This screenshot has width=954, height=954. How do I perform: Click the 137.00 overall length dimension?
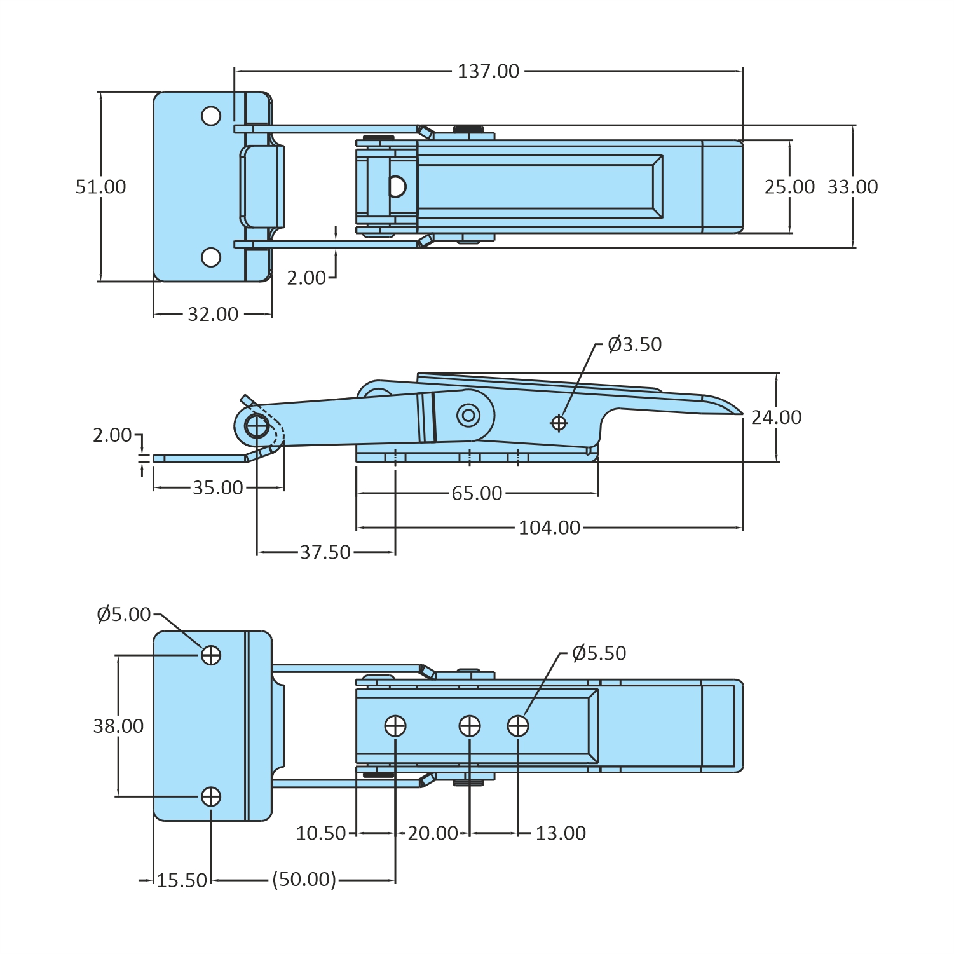pyautogui.click(x=488, y=71)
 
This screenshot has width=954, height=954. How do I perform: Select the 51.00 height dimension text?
pyautogui.click(x=100, y=187)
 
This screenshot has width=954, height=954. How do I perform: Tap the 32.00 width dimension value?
pyautogui.click(x=213, y=314)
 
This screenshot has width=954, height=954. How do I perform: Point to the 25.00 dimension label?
pyautogui.click(x=789, y=187)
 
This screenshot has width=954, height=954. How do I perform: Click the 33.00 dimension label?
pyautogui.click(x=852, y=187)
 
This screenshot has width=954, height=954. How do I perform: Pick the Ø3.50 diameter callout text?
pyautogui.click(x=634, y=344)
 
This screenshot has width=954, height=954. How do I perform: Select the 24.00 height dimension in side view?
pyautogui.click(x=776, y=418)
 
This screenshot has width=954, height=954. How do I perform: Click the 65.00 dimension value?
pyautogui.click(x=477, y=493)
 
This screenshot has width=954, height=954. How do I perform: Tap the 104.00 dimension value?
pyautogui.click(x=549, y=528)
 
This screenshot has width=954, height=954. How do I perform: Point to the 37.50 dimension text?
pyautogui.click(x=325, y=552)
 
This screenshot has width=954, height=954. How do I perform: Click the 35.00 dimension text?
pyautogui.click(x=217, y=488)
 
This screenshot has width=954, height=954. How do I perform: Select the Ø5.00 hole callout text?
pyautogui.click(x=124, y=615)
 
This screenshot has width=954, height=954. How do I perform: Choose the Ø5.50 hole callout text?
pyautogui.click(x=599, y=653)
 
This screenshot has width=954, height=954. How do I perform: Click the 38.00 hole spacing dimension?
pyautogui.click(x=118, y=726)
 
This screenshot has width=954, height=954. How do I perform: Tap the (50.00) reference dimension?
pyautogui.click(x=304, y=880)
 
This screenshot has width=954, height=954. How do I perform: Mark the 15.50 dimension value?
pyautogui.click(x=182, y=880)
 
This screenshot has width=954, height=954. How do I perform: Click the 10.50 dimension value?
pyautogui.click(x=321, y=833)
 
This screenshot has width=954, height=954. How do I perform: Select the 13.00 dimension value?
pyautogui.click(x=560, y=833)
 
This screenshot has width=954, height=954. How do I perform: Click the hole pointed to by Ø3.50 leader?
pyautogui.click(x=559, y=423)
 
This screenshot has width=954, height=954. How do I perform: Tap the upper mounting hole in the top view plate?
pyautogui.click(x=211, y=116)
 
